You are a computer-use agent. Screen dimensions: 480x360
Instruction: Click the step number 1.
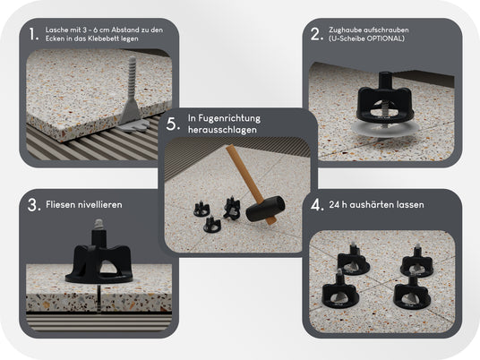pos(34,34)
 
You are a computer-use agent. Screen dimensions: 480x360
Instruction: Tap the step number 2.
pos(317,34)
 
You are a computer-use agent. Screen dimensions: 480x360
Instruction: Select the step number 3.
pos(34,205)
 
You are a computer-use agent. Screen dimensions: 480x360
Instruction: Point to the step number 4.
pos(317,205)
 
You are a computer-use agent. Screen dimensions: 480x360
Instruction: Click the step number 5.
pos(173,124)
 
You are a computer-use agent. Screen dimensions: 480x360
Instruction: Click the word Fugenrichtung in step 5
pos(229,118)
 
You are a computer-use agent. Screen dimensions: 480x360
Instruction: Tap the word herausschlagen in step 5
pos(222,130)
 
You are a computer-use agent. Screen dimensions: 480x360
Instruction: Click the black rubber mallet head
pos(265,209)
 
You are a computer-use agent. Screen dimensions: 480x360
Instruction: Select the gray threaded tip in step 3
pos(98,225)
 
